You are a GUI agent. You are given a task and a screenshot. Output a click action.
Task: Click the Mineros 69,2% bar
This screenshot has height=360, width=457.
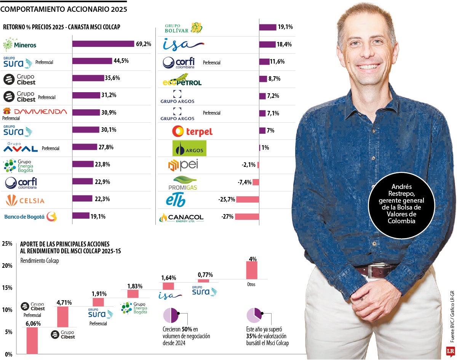pos(103,44)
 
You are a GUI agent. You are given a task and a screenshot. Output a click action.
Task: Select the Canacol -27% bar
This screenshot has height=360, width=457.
pos(247,217)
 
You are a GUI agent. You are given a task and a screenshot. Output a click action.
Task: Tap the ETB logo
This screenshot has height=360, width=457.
pos(176,200)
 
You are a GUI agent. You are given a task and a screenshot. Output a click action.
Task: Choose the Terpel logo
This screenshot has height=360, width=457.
pos(192,131)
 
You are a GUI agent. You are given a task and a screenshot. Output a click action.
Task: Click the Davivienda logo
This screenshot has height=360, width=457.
pos(35,112)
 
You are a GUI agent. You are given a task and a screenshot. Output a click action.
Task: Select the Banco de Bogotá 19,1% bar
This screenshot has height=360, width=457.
pos(81,216)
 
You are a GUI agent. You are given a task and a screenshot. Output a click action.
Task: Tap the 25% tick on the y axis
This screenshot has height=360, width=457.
pos(7,244)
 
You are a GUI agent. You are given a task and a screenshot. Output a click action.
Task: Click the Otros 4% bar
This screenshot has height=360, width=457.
pos(252,270)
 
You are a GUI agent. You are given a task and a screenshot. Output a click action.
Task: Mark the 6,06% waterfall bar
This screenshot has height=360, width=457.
pos(32,340)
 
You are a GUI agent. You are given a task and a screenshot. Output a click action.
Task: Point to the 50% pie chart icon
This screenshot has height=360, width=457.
pos(171,316)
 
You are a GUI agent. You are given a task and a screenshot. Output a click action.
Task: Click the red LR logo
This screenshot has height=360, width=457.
pos(451,351)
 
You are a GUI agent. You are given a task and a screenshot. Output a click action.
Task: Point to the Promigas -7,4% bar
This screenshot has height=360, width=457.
pos(256,182)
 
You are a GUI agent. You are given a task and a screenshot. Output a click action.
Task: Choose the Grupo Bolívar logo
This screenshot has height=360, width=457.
pos(184,28)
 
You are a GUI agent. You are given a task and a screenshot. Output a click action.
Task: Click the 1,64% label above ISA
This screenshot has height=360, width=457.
pos(168,278)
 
